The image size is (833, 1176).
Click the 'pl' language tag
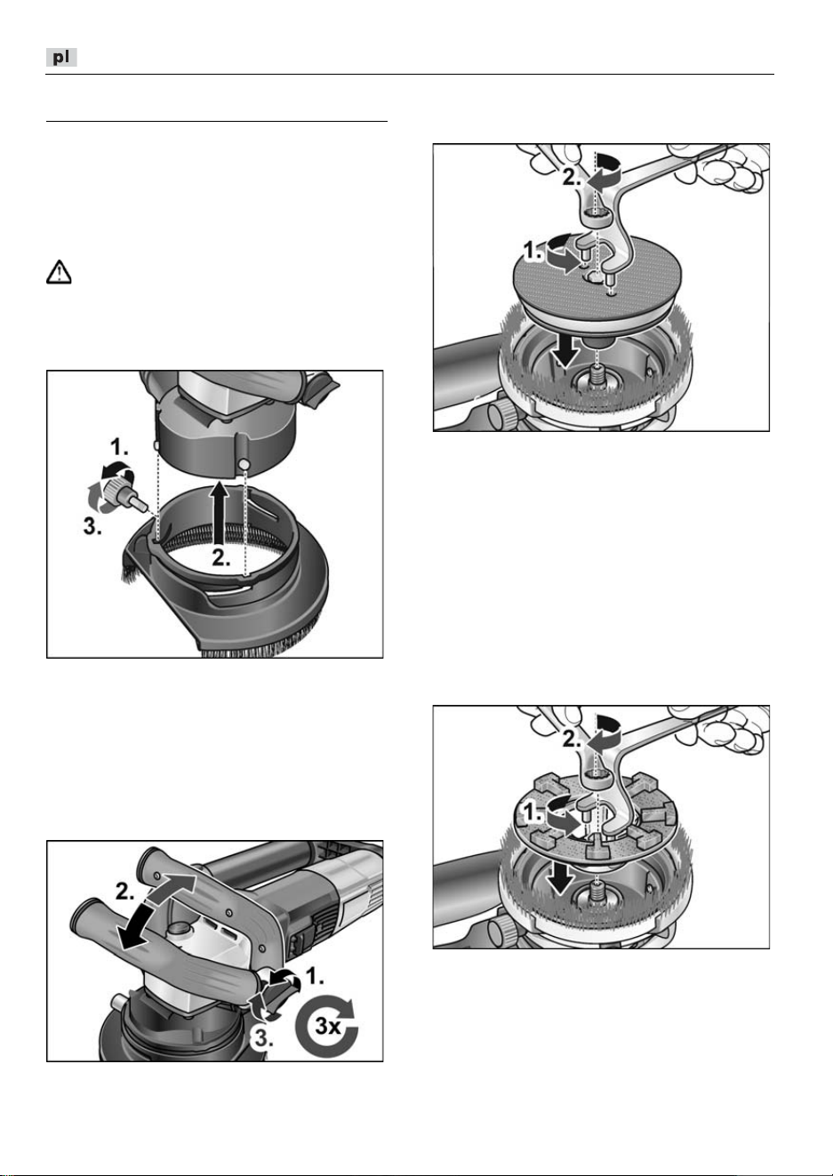pos(61,57)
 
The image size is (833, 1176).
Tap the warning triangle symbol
pos(59,272)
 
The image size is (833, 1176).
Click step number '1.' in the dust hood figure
pos(119,448)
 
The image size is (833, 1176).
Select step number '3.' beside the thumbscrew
pos(93,526)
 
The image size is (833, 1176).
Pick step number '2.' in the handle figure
pos(124,891)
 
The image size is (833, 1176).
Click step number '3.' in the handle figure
pos(264,1038)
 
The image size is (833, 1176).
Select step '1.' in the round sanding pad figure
pos(534,252)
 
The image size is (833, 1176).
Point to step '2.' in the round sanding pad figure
pos(573,178)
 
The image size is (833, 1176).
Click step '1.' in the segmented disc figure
pos(534,813)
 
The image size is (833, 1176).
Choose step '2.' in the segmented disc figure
pos(573,740)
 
